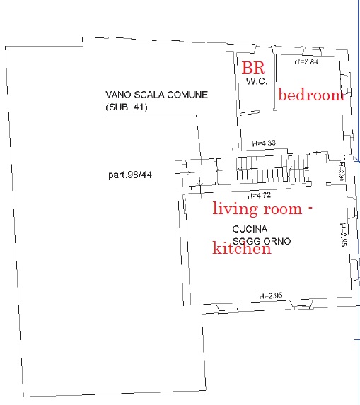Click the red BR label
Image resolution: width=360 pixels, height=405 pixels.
pos(253,68)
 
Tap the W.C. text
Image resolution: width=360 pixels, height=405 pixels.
pos(257,81)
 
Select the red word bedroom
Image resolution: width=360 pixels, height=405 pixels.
pos(311,95)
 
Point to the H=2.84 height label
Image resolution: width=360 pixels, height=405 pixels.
pos(306,61)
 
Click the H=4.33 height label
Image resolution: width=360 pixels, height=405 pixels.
pos(264,143)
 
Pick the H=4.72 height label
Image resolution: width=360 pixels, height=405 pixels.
pos(259,195)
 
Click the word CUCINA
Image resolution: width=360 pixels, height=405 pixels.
pos(250,229)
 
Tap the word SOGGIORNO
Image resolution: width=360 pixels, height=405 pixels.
pos(262,241)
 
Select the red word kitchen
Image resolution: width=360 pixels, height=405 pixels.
pos(242,248)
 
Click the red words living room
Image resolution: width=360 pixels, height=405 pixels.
pos(257,209)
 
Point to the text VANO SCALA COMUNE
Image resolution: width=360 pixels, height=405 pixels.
pos(156,95)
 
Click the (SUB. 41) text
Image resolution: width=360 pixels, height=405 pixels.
pos(127,107)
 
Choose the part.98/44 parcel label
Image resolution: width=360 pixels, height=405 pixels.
pos(130,175)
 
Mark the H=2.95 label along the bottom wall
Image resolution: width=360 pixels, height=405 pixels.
pos(271,295)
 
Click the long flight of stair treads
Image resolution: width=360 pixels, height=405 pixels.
pos(262,169)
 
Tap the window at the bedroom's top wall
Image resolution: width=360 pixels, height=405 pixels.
pos(312,52)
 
